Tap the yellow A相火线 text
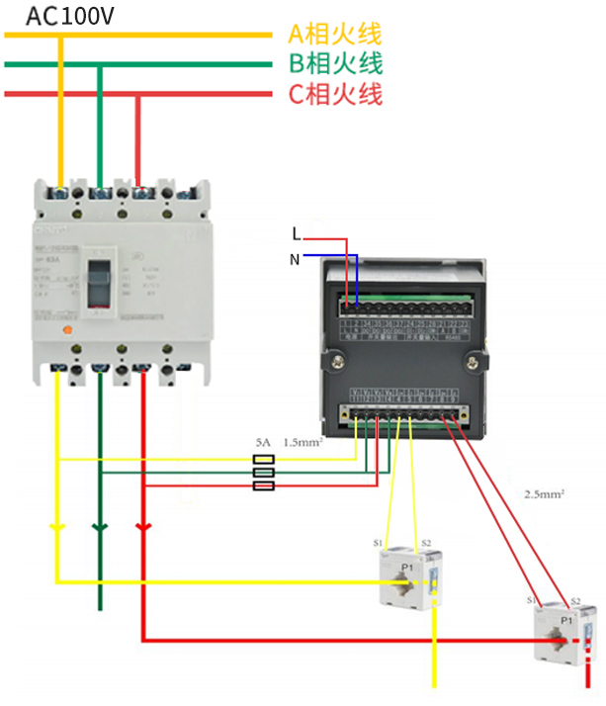[x=334, y=35]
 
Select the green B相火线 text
[x=334, y=64]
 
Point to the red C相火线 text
[x=334, y=95]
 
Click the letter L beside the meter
[x=296, y=234]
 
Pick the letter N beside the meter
[x=295, y=259]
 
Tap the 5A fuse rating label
[x=263, y=444]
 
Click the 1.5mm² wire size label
[x=303, y=443]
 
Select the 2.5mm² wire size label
[x=544, y=492]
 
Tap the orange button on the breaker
[x=65, y=331]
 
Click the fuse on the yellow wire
[x=264, y=460]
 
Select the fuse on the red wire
[x=264, y=485]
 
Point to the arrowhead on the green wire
[x=99, y=527]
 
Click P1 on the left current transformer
[x=406, y=567]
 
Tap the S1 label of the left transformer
[x=378, y=544]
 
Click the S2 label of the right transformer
[x=574, y=600]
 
